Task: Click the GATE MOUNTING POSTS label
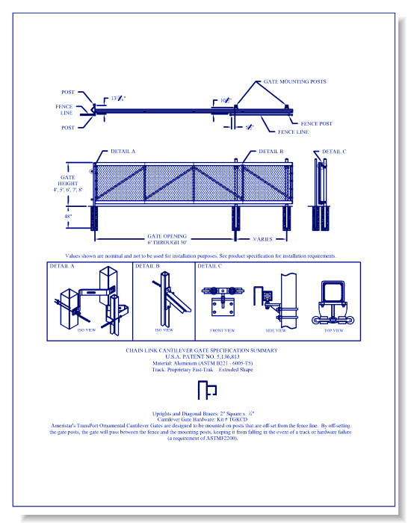(x=294, y=81)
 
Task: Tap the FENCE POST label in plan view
(x=316, y=123)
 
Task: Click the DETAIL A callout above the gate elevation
(x=123, y=151)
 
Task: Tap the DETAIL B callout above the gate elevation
(x=271, y=151)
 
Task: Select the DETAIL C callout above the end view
(x=334, y=151)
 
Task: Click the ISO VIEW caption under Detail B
(x=163, y=329)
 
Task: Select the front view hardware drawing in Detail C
(x=220, y=302)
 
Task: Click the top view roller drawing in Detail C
(x=331, y=303)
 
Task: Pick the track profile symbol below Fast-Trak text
(x=206, y=389)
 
